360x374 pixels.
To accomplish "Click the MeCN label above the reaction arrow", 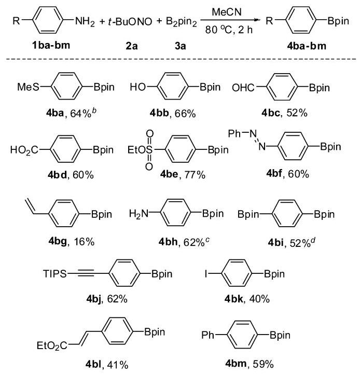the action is [x=226, y=12].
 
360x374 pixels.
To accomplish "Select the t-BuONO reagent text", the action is [x=130, y=22].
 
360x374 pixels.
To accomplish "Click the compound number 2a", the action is [x=132, y=46].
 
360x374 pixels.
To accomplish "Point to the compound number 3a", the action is [x=180, y=46].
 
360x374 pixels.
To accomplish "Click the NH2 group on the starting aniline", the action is [x=85, y=21].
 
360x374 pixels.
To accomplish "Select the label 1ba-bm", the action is [x=51, y=45].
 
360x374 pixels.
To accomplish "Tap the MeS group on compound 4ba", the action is [x=28, y=87].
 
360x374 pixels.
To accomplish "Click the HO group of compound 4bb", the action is [x=137, y=87].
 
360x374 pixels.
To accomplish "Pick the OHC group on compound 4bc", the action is [x=243, y=88].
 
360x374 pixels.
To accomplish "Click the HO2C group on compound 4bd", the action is [x=24, y=150].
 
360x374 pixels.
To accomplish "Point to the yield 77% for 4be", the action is [x=195, y=175].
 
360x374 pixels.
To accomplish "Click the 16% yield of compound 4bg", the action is [x=84, y=242].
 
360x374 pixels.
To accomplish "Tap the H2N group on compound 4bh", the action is [x=139, y=214].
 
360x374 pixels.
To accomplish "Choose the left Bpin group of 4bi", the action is [x=248, y=214].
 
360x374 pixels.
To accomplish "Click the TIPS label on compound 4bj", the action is [x=55, y=273].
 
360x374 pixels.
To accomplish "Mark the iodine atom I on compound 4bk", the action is [x=206, y=273].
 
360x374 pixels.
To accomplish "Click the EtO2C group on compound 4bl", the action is [x=52, y=345].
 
